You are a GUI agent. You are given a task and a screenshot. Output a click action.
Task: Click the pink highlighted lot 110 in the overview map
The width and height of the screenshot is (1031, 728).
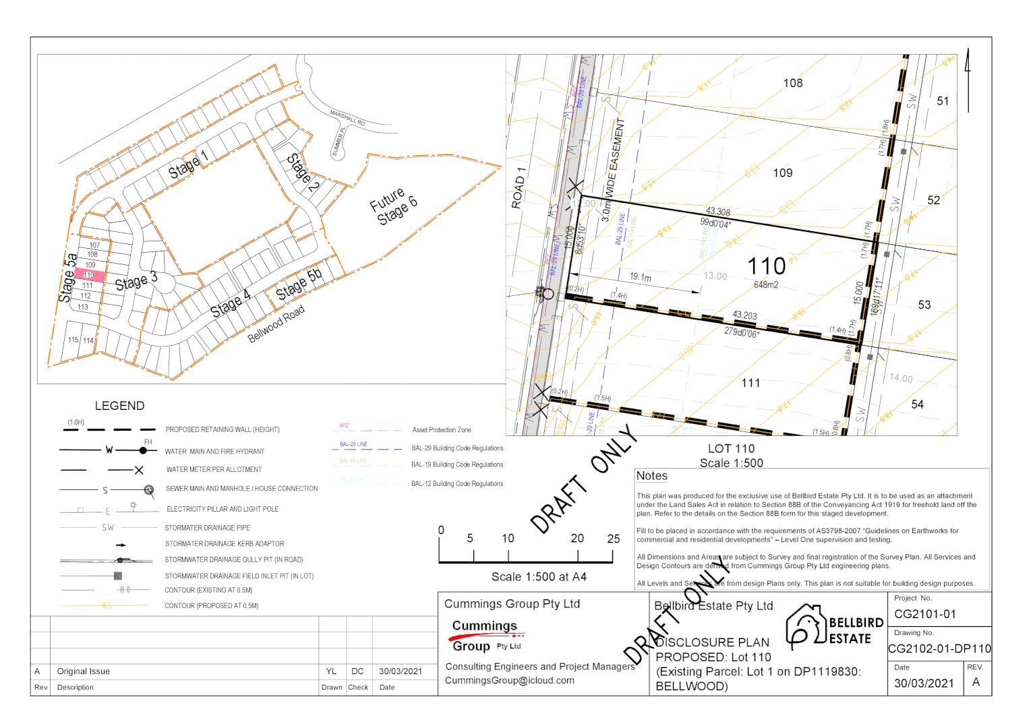[90, 275]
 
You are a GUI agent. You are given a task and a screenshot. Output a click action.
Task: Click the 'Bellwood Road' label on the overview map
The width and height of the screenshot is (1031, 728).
[276, 324]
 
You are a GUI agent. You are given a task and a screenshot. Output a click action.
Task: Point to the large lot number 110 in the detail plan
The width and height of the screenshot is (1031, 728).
[767, 266]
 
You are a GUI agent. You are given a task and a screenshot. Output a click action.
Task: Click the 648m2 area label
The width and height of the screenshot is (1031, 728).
[766, 285]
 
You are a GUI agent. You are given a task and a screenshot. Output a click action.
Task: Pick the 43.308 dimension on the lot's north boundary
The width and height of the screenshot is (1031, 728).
[717, 212]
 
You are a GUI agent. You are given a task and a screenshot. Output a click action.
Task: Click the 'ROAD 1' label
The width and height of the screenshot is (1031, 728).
[519, 187]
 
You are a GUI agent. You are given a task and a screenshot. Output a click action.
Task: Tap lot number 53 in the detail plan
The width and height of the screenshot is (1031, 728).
[924, 305]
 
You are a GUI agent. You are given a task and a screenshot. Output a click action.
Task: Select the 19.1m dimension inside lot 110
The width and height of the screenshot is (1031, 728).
[640, 277]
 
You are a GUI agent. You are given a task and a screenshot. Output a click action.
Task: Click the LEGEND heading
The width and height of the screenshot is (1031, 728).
[119, 406]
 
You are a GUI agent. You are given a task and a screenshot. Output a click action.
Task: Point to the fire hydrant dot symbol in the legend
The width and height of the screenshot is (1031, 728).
[143, 450]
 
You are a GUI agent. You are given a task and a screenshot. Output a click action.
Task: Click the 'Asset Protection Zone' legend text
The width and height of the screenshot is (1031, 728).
[442, 430]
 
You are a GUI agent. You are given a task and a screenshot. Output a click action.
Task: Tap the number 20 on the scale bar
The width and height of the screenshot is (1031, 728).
[577, 539]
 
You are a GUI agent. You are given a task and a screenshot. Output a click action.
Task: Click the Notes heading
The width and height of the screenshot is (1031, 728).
[652, 476]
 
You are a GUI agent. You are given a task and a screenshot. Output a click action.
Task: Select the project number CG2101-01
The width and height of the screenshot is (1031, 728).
[925, 614]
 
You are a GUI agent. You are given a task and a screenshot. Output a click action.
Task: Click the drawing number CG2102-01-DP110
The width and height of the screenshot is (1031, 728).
[939, 649]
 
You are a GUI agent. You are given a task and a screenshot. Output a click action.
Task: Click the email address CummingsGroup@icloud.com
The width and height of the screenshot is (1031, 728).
[510, 681]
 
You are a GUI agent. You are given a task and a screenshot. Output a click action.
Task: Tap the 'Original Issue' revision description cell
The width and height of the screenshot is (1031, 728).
[84, 671]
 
